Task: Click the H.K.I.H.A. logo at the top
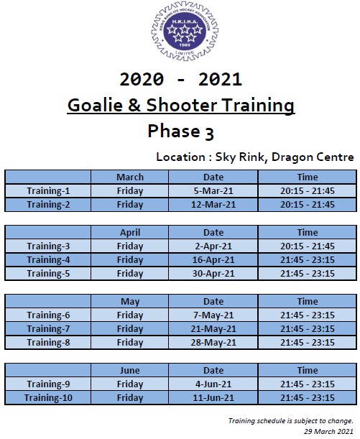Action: click(185, 32)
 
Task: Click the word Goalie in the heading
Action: click(95, 106)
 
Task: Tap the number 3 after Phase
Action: click(209, 133)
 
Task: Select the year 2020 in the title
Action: click(142, 79)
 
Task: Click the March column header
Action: click(130, 177)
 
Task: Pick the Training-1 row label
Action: click(48, 191)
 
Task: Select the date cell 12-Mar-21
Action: click(213, 205)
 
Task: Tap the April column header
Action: click(130, 233)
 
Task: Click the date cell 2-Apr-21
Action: click(213, 246)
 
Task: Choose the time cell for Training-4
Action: click(308, 260)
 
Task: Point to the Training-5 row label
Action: click(48, 274)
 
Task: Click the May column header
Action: click(130, 302)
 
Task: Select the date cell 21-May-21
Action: click(213, 328)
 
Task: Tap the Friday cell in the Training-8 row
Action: click(130, 343)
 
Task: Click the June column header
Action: click(130, 371)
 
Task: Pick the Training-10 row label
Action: click(48, 398)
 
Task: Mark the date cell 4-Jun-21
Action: click(213, 384)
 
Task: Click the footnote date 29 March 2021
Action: click(328, 431)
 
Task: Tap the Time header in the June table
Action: click(308, 371)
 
